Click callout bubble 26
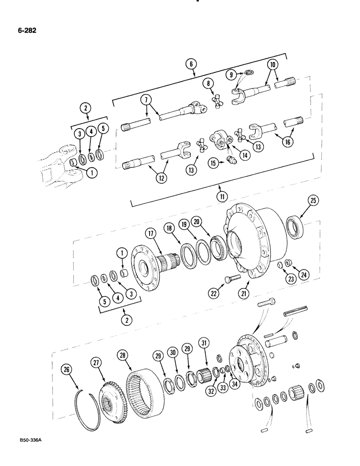68,370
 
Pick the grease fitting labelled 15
230,161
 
